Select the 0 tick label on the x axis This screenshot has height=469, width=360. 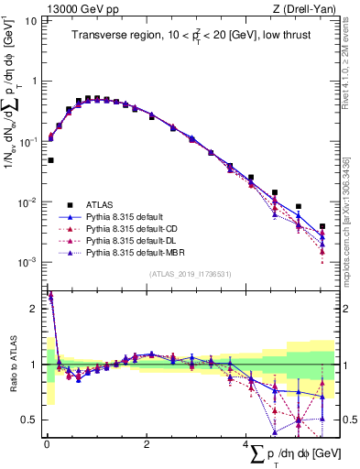(x=46, y=444)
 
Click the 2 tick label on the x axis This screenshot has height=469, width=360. (x=147, y=444)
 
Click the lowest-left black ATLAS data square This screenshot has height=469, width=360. (x=50, y=160)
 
